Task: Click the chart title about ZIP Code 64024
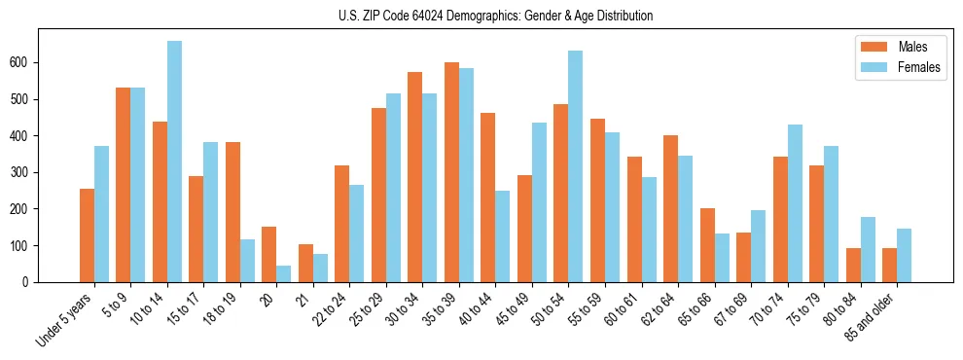click(481, 16)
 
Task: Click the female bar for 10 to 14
click(175, 162)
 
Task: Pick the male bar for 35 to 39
click(452, 172)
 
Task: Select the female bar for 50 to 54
click(576, 166)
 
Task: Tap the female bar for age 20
click(284, 273)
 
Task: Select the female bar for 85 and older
click(905, 255)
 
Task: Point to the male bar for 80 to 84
click(853, 265)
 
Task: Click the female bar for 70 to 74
click(795, 203)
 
